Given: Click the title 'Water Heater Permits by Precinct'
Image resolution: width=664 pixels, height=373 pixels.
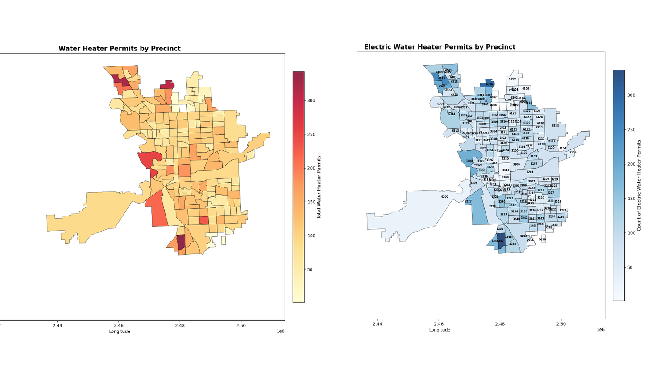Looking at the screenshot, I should tap(120, 49).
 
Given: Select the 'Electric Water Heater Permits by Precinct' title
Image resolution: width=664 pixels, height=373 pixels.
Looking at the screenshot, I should tap(440, 47).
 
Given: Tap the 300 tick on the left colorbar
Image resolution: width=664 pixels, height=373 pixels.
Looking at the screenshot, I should tap(311, 101).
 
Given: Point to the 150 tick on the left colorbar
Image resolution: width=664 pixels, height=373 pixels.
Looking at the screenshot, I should tap(311, 202).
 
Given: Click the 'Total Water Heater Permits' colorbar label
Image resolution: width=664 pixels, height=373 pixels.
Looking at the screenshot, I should tap(319, 187).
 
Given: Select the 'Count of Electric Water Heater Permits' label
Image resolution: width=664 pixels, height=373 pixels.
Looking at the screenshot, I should tap(639, 185).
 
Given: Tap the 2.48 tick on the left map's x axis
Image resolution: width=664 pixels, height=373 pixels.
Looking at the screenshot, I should tap(179, 326).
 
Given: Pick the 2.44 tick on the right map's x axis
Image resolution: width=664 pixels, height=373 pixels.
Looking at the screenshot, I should tap(378, 324).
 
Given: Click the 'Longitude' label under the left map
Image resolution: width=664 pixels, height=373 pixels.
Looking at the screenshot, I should tap(120, 332).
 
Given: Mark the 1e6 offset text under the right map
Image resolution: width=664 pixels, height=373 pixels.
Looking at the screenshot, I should tap(601, 330).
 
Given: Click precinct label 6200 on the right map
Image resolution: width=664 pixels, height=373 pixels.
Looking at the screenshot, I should tap(444, 197).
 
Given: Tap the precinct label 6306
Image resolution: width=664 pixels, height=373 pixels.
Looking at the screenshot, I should tap(490, 84).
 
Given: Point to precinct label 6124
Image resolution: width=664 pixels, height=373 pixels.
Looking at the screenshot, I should tap(555, 126).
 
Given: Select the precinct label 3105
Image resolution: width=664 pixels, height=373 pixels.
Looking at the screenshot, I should tap(573, 153).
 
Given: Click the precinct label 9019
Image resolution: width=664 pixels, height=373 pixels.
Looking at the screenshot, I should tap(542, 240).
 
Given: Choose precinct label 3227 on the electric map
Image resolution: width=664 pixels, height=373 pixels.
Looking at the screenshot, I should tap(468, 202).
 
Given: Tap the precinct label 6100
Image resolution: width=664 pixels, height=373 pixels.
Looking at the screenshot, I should tap(512, 79).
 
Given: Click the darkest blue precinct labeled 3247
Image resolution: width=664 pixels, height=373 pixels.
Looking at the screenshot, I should tap(501, 241).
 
